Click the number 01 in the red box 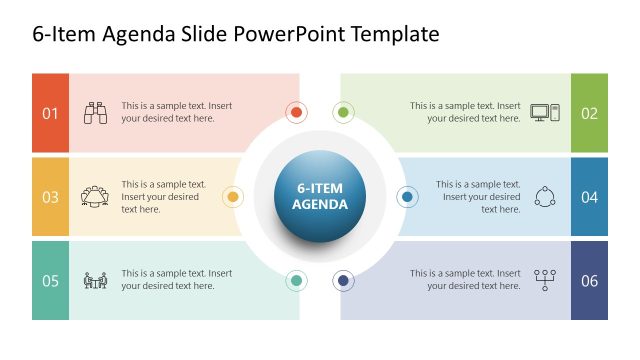pyautogui.click(x=50, y=113)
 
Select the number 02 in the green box pyautogui.click(x=589, y=113)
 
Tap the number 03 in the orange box pyautogui.click(x=50, y=197)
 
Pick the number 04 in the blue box pyautogui.click(x=589, y=197)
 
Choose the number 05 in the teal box pyautogui.click(x=50, y=280)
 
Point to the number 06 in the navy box pyautogui.click(x=589, y=280)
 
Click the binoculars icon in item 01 pyautogui.click(x=96, y=113)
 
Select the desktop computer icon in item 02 pyautogui.click(x=545, y=113)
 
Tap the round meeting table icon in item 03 pyautogui.click(x=96, y=196)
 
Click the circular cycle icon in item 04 pyautogui.click(x=545, y=196)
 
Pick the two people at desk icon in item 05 pyautogui.click(x=96, y=280)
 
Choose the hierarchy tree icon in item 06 pyautogui.click(x=545, y=279)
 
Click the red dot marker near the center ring pyautogui.click(x=296, y=112)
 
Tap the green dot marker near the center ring pyautogui.click(x=343, y=112)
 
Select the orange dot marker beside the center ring pyautogui.click(x=232, y=197)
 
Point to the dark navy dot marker pyautogui.click(x=344, y=281)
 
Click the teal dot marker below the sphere pyautogui.click(x=296, y=281)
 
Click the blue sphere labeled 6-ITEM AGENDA pyautogui.click(x=320, y=196)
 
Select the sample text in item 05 pyautogui.click(x=177, y=280)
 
